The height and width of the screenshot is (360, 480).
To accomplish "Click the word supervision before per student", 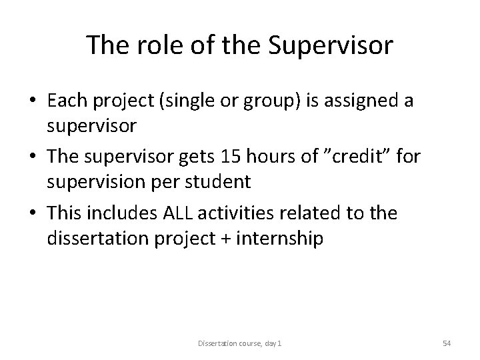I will point(93,181).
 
